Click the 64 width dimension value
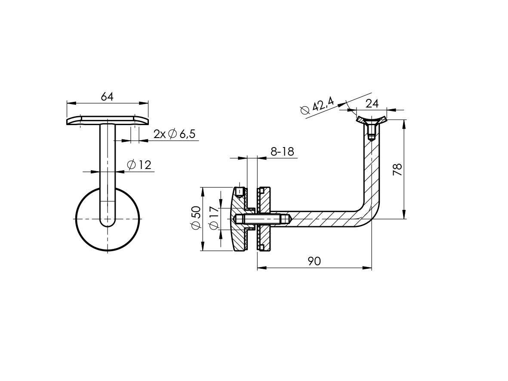[x=107, y=97]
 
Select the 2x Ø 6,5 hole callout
[x=174, y=134]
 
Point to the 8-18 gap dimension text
[x=282, y=151]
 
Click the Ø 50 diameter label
[x=196, y=218]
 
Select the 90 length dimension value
[x=314, y=261]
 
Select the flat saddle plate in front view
[x=107, y=120]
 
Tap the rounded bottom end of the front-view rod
[x=108, y=222]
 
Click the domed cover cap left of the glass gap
[x=238, y=219]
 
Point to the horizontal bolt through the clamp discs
[x=262, y=219]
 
